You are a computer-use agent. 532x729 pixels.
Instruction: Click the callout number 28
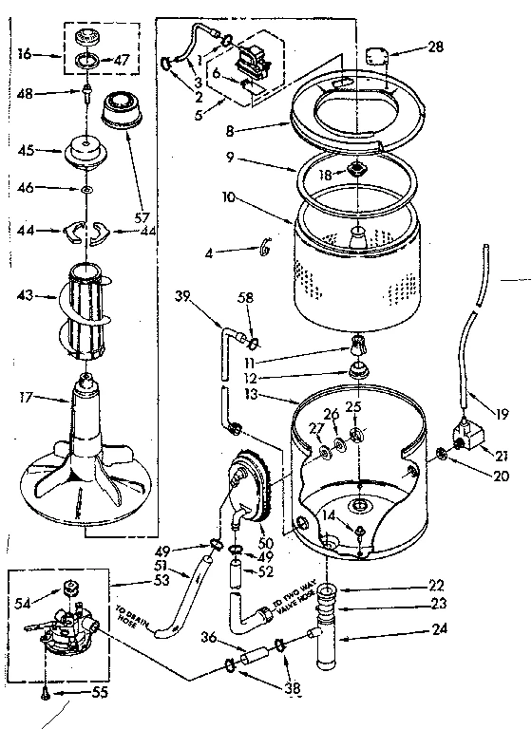pos(436,47)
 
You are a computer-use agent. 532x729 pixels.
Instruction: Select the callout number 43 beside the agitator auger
pos(26,296)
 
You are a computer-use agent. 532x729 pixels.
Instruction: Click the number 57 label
pos(143,217)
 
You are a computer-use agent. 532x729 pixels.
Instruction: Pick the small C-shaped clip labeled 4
pos(266,249)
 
